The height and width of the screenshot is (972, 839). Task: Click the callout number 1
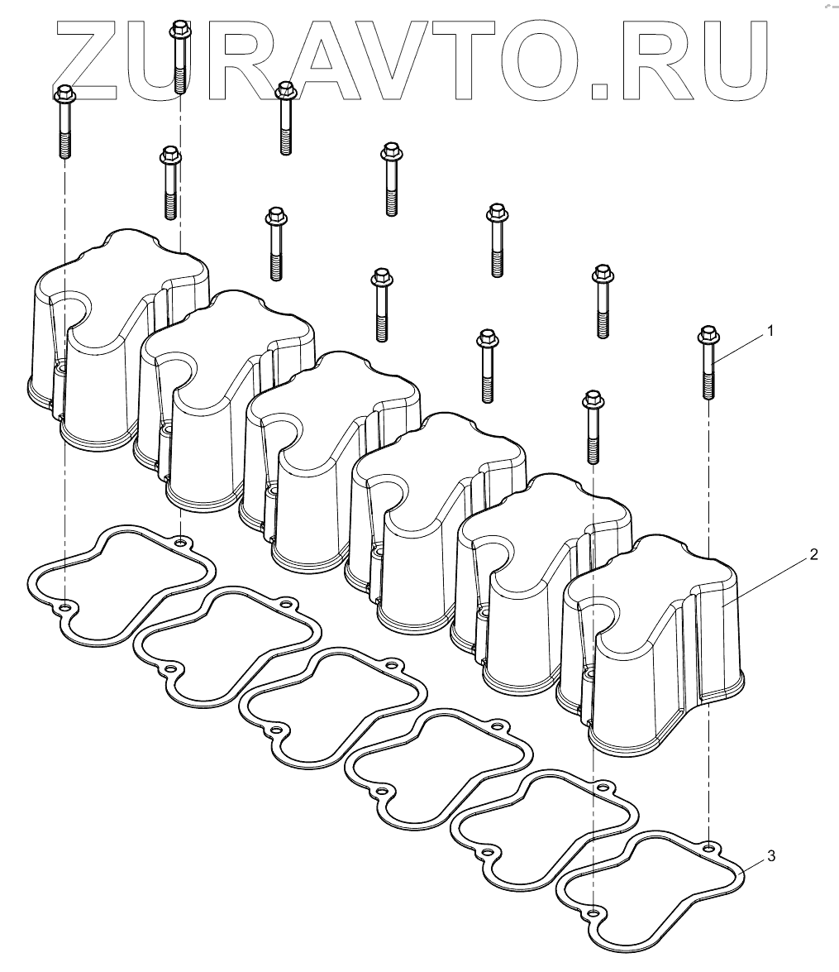tap(770, 331)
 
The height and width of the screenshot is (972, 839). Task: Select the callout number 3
tap(770, 857)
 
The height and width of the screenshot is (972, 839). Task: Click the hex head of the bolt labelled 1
tap(708, 335)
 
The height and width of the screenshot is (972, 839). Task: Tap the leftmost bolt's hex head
tap(64, 93)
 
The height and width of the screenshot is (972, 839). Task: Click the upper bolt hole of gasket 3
tap(708, 846)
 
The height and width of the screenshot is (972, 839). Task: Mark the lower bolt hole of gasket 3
tap(593, 912)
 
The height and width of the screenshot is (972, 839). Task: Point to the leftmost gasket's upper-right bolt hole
tap(180, 543)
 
